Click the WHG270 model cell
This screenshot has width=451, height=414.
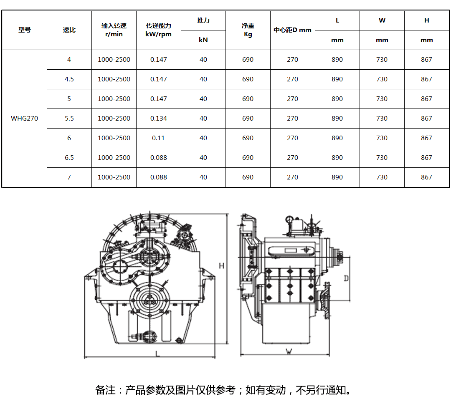24,119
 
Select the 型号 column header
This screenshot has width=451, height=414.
25,30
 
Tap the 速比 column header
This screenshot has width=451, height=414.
69,30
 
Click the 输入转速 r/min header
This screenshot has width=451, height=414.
114,30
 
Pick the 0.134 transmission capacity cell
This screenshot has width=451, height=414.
159,119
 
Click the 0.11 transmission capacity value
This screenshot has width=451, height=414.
159,138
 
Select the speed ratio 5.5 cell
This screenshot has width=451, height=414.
69,119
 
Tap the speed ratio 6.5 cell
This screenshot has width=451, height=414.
69,158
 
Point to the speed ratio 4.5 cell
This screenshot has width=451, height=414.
69,79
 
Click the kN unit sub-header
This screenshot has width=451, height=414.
203,40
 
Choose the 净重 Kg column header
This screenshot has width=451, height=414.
248,30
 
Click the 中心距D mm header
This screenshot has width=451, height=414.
293,30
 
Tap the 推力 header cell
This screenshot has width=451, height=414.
203,20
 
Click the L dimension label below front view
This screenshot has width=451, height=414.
157,353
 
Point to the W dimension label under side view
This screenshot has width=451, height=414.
289,351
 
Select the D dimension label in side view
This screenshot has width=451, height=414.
346,278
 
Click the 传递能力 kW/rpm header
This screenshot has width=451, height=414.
159,30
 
